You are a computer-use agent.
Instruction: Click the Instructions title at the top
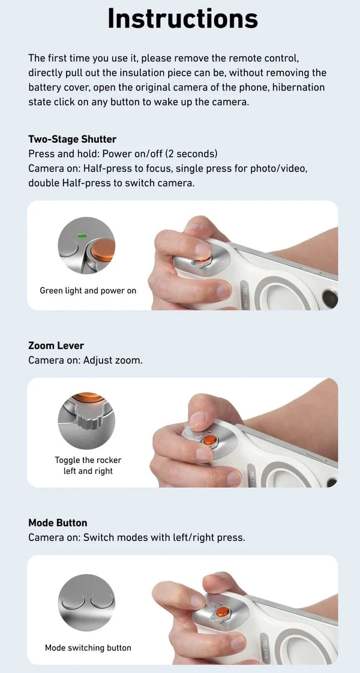(182, 19)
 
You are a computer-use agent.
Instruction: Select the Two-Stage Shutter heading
(72, 139)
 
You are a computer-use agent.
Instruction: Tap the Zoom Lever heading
(56, 345)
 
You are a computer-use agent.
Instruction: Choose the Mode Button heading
(58, 522)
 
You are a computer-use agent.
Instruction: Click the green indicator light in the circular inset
(82, 236)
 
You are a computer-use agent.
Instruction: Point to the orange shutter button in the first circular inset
(102, 249)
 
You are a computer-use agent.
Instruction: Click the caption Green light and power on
(88, 291)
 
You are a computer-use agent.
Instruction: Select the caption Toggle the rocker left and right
(88, 465)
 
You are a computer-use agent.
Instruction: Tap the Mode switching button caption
(88, 648)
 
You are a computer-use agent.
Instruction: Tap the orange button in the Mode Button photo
(221, 612)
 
